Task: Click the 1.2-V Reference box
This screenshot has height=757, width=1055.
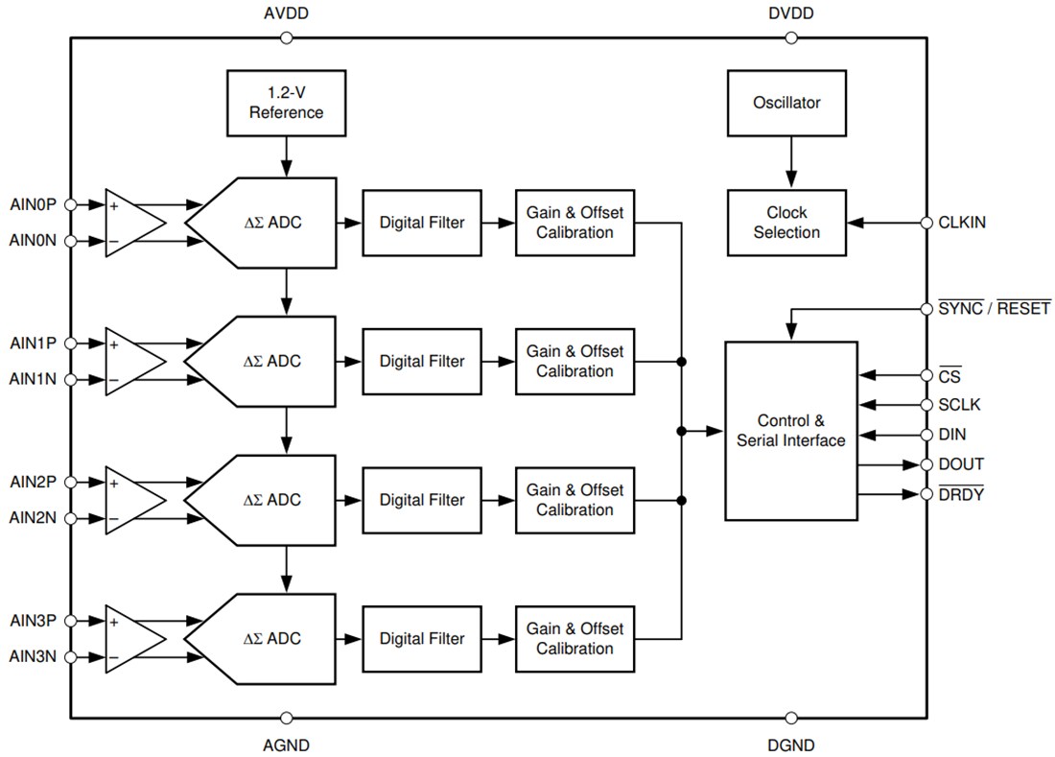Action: click(286, 103)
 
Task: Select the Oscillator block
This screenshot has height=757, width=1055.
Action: click(786, 103)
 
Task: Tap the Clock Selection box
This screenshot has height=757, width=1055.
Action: click(786, 223)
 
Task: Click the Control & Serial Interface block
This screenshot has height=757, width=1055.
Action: click(790, 431)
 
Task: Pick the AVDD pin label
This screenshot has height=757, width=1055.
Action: click(286, 14)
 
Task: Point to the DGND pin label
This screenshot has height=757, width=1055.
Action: click(791, 745)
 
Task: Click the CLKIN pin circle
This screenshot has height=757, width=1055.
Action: click(926, 223)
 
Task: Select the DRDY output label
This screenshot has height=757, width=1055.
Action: click(960, 495)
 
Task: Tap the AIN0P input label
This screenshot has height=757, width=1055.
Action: click(34, 204)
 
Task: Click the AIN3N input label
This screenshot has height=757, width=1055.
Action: click(34, 657)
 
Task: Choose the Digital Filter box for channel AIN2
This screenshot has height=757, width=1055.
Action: click(421, 500)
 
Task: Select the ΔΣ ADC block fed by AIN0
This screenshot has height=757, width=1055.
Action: click(264, 223)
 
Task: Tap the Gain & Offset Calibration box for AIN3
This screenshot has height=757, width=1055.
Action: click(574, 639)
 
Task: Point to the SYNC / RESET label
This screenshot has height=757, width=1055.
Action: click(994, 309)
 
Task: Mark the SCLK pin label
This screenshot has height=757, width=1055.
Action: click(960, 405)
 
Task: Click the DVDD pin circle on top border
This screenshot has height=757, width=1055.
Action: click(791, 38)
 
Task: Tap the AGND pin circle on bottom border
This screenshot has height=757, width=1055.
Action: click(286, 718)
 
